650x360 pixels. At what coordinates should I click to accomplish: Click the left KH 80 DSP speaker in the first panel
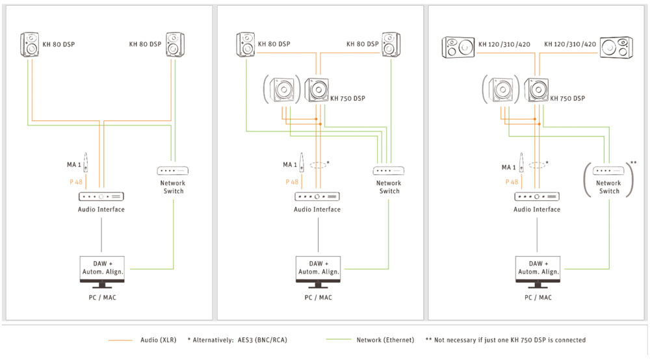[30, 44]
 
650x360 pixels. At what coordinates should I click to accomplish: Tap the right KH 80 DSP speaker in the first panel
[175, 44]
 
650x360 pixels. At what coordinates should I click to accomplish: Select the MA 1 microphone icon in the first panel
[86, 162]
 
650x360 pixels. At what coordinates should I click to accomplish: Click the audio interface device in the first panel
[101, 196]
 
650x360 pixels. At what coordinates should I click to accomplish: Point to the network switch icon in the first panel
[173, 171]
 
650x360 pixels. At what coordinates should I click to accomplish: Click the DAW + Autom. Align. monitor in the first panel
[102, 272]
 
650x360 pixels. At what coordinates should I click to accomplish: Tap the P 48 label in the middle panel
[292, 182]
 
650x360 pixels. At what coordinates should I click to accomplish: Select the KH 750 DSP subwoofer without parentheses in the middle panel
[317, 90]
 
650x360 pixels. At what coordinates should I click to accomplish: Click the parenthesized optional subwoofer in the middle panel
[282, 90]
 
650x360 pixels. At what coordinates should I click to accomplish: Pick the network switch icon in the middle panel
[389, 171]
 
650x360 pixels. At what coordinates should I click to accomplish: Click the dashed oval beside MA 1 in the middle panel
[318, 165]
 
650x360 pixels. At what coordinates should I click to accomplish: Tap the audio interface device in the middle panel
[317, 196]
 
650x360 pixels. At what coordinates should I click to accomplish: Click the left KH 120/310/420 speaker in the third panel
[458, 47]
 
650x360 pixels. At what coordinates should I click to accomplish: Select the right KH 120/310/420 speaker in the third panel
[616, 47]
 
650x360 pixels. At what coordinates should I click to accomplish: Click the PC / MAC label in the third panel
[538, 298]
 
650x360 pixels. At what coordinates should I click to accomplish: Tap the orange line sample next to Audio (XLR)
[120, 340]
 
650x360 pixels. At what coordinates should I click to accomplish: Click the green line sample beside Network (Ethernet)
[339, 340]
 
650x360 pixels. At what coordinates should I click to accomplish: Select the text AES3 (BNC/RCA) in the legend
[263, 340]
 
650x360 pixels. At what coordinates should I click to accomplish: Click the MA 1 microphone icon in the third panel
[521, 162]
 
